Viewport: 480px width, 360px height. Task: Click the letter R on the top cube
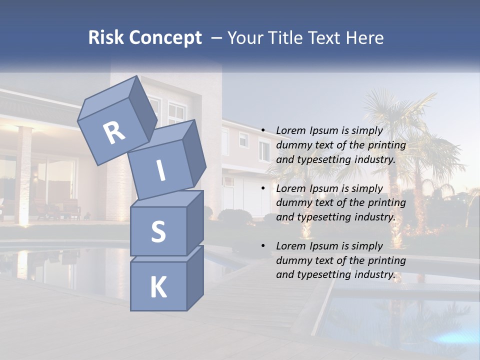(x=114, y=133)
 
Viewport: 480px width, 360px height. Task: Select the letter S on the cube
(x=158, y=232)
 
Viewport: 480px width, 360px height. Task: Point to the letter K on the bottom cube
(x=158, y=287)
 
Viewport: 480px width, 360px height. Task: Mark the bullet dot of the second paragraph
(x=263, y=188)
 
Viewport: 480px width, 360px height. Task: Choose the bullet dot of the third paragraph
(x=263, y=246)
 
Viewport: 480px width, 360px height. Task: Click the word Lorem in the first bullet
(x=290, y=130)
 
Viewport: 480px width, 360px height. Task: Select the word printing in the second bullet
(x=387, y=202)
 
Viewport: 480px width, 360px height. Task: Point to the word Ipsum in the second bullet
(x=324, y=188)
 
